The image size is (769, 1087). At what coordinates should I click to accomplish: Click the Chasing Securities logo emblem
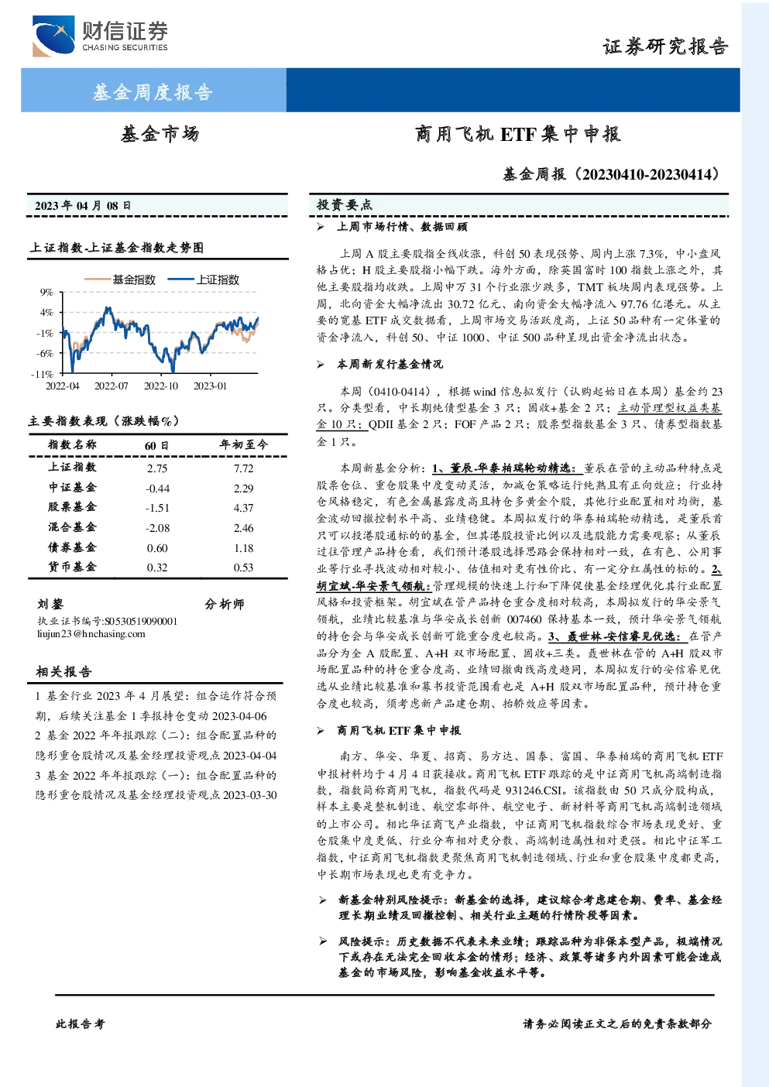coord(53,36)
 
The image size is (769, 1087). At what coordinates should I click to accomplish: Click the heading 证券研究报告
coord(665,46)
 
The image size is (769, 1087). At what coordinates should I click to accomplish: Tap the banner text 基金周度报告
coord(153,91)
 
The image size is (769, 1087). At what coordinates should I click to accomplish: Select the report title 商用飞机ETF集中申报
coord(517,134)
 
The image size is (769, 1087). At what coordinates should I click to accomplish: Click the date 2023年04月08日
coord(83,206)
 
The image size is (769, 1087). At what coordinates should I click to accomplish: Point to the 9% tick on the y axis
coord(46,292)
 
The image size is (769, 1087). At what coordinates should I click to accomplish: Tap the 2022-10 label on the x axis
coord(161,386)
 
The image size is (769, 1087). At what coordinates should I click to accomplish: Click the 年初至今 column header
coord(243,444)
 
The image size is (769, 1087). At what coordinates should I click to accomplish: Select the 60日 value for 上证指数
coord(157,468)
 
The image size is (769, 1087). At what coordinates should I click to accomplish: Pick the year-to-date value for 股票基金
coord(243,508)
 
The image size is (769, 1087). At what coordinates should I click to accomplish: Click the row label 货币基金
coord(72,567)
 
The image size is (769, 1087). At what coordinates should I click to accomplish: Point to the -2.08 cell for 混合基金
coord(157,528)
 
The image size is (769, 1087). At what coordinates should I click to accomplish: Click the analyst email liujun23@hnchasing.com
coord(91,634)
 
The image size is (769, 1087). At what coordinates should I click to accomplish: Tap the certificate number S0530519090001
coord(141,621)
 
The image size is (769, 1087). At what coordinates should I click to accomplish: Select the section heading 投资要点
coord(345,205)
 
